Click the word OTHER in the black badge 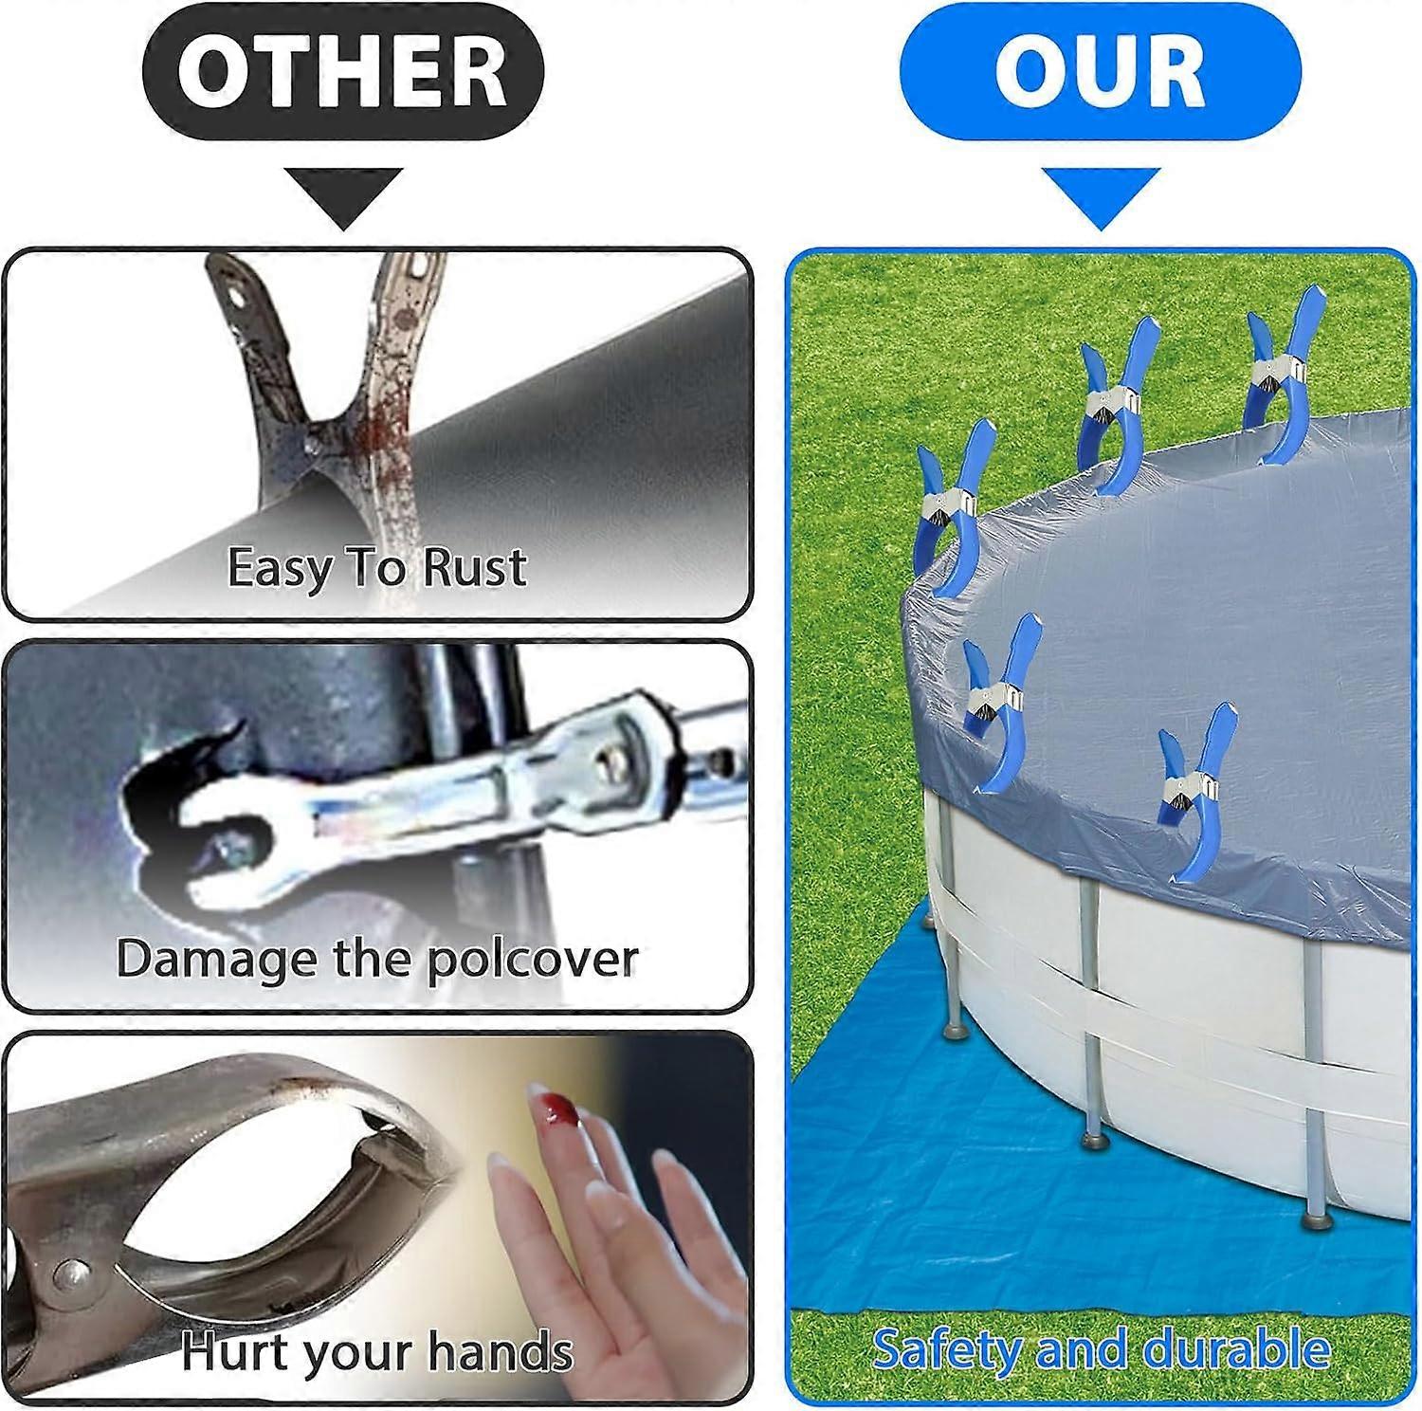342,73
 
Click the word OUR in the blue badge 1100,73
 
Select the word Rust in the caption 473,567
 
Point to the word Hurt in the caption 228,1350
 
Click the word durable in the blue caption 1237,1349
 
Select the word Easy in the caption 281,569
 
